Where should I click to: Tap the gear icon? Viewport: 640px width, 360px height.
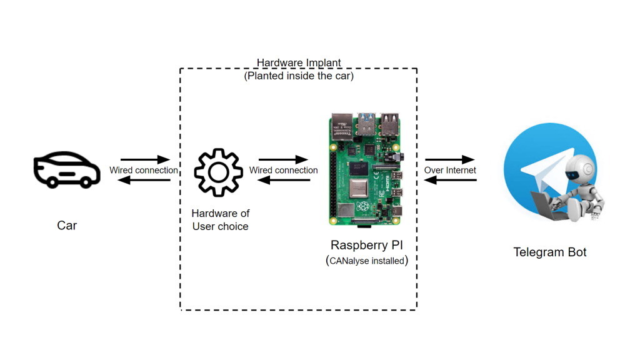tap(218, 173)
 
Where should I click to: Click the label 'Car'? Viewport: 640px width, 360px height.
tap(67, 226)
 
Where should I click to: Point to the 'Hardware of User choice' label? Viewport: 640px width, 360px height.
tap(220, 220)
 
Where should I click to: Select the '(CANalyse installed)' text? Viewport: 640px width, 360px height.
tap(367, 261)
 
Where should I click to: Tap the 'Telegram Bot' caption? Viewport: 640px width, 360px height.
tap(550, 252)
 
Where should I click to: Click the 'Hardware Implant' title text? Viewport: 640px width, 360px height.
tap(299, 63)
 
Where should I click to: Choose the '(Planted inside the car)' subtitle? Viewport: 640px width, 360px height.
tap(299, 76)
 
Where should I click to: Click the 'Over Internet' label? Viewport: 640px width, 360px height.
tap(450, 170)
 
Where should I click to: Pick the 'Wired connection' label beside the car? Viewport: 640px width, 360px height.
tap(144, 170)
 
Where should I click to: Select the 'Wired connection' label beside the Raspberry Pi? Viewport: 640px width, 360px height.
tap(284, 170)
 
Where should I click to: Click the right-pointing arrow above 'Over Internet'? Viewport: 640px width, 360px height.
tap(450, 159)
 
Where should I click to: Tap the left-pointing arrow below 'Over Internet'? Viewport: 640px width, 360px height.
tap(450, 181)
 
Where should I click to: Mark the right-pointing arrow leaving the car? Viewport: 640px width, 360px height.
tap(145, 159)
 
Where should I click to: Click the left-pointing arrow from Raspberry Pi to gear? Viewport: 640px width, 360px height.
tap(284, 181)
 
